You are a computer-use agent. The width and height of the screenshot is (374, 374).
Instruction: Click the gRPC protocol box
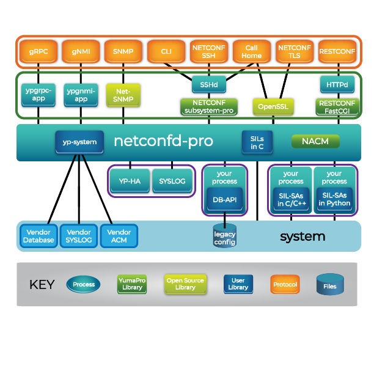(38, 52)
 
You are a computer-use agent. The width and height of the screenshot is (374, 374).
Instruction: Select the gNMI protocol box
(80, 52)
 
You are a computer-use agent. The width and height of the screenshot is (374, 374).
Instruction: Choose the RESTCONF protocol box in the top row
(337, 52)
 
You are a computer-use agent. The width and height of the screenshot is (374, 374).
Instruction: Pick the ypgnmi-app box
(80, 94)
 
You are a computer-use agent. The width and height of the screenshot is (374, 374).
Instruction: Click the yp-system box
(79, 142)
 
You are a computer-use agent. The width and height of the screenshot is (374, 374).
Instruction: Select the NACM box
(315, 142)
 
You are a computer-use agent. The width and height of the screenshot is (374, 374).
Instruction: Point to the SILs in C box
(252, 142)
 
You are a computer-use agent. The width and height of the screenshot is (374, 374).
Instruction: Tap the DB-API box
(225, 199)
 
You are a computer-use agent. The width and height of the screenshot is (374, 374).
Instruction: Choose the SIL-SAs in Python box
(334, 199)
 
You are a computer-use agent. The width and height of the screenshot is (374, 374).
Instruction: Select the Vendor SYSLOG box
(79, 236)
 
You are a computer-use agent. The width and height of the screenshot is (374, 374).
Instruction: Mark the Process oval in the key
(84, 284)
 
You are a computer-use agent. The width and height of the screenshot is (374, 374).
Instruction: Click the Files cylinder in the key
(330, 285)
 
